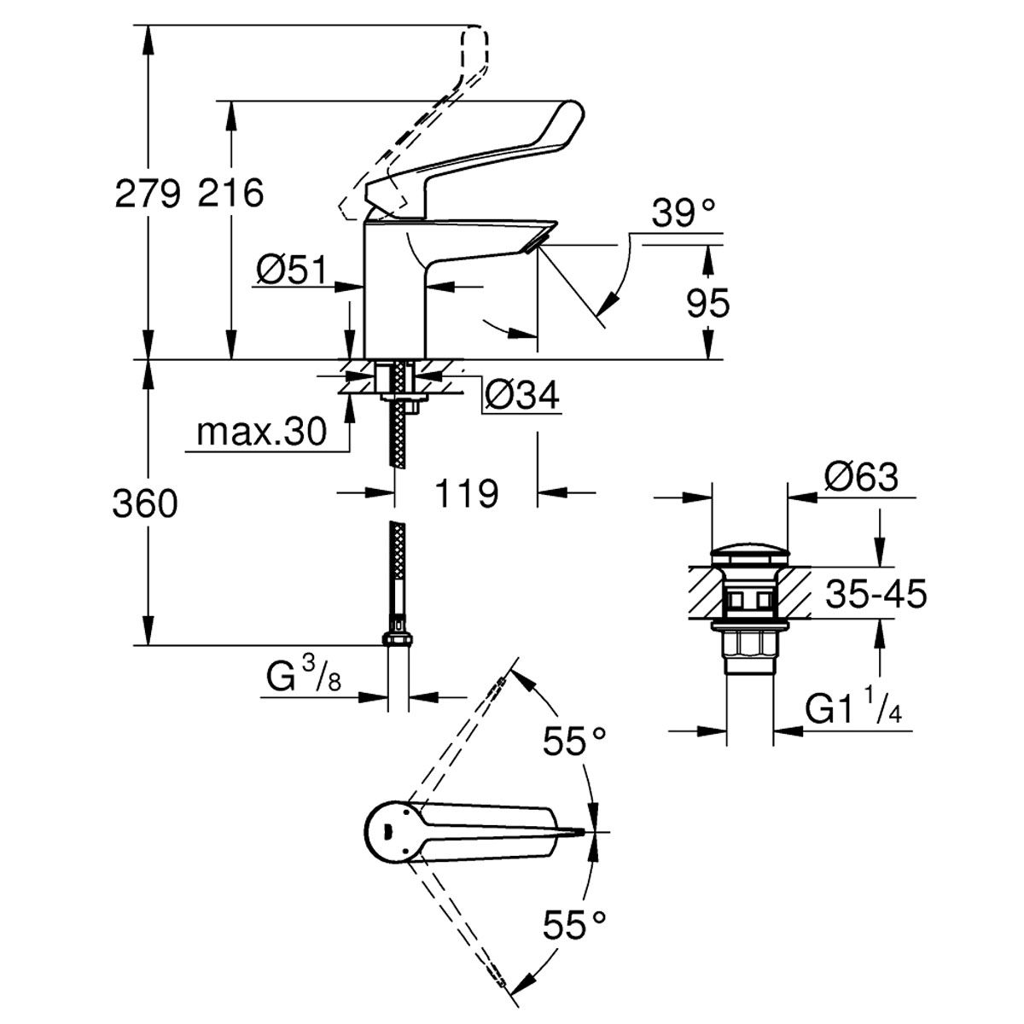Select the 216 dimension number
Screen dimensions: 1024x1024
pos(230,195)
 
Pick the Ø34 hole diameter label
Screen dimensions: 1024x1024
pos(521,395)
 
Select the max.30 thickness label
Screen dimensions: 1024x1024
pos(261,433)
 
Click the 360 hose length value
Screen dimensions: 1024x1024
pos(145,505)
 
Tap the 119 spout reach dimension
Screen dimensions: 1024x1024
pos(466,492)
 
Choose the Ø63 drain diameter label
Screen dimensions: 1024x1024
pos(861,477)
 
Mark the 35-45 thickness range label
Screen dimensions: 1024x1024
pos(876,595)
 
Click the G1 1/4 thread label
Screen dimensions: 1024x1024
pos(853,710)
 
